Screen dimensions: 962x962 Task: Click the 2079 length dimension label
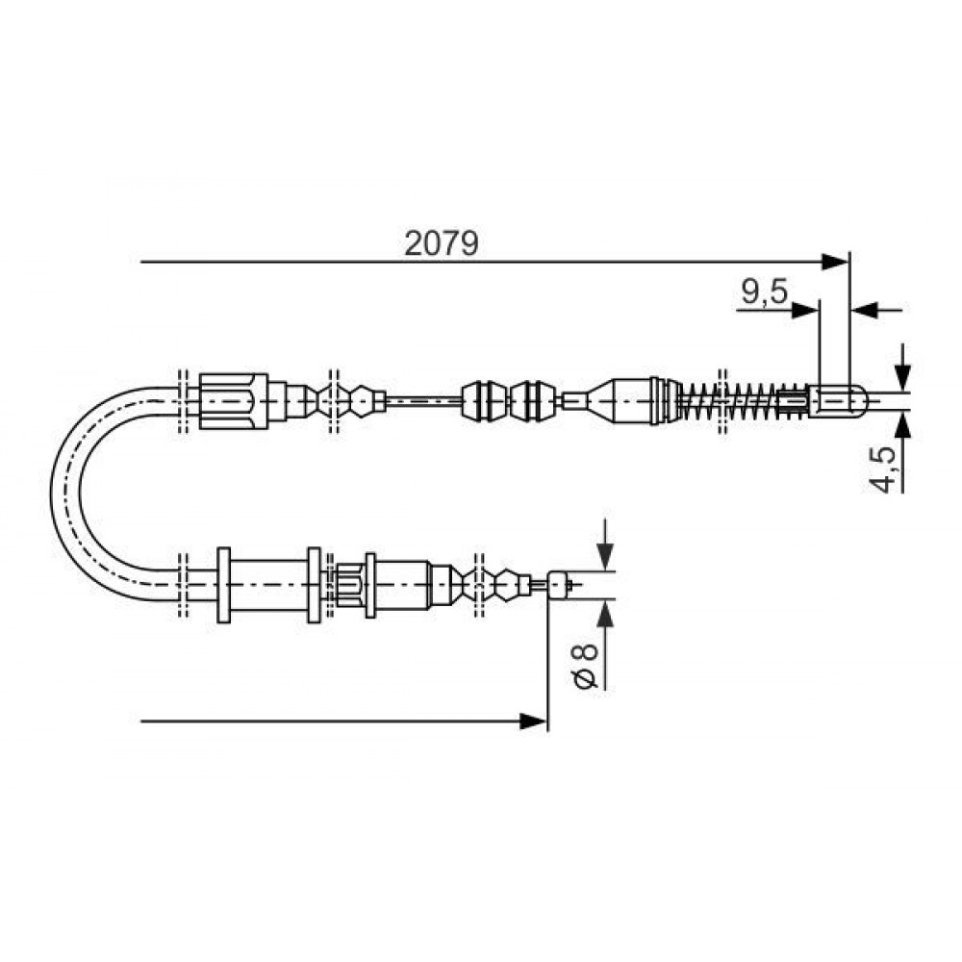442,243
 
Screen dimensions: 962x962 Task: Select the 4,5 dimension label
883,470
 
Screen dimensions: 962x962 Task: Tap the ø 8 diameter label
586,666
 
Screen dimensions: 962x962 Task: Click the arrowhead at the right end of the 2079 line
836,262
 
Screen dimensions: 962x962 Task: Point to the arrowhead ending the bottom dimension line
533,721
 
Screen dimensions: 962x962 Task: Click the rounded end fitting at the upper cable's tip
838,400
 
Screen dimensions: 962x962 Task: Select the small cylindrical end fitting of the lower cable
560,585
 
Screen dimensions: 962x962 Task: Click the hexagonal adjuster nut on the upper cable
234,400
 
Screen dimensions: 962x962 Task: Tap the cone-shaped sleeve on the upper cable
621,400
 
